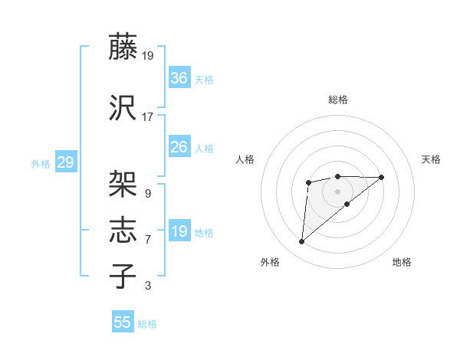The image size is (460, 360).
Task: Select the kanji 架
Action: pyautogui.click(x=123, y=184)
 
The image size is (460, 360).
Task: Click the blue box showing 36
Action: pyautogui.click(x=179, y=78)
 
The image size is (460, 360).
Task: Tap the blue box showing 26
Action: pyautogui.click(x=179, y=147)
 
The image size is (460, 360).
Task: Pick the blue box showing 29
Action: pyautogui.click(x=65, y=162)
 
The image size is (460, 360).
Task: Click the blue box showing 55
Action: pyautogui.click(x=123, y=322)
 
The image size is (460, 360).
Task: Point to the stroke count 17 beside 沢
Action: pyautogui.click(x=148, y=117)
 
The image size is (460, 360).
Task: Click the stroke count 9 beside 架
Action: pyautogui.click(x=148, y=194)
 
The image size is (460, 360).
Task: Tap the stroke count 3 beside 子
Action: pyautogui.click(x=148, y=286)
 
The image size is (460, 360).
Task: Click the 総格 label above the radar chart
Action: pyautogui.click(x=337, y=100)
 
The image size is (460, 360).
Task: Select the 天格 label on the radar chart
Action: pyautogui.click(x=431, y=159)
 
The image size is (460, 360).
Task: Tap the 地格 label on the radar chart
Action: pyautogui.click(x=402, y=262)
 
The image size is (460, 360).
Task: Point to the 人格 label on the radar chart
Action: pyautogui.click(x=245, y=159)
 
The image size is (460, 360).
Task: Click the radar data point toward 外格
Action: pyautogui.click(x=301, y=242)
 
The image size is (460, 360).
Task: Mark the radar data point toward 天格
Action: pyautogui.click(x=382, y=177)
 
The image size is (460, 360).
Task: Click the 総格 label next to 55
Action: pyautogui.click(x=147, y=324)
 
